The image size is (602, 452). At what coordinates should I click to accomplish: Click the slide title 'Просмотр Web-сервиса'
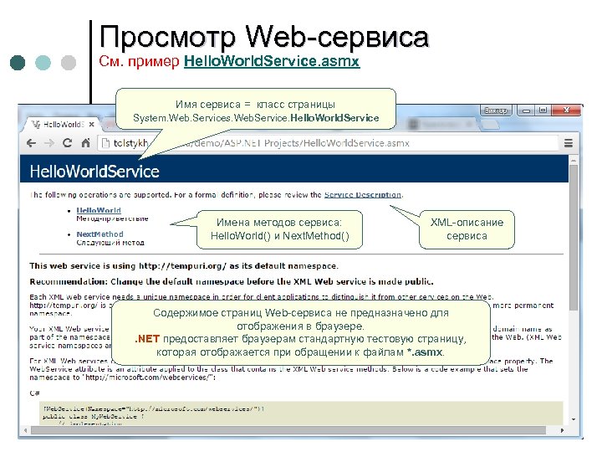coord(263,37)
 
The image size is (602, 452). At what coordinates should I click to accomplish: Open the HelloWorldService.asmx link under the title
coord(272,63)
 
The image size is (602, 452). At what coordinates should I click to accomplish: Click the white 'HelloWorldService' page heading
coord(94,172)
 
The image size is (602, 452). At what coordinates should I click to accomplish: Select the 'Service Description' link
coord(363,194)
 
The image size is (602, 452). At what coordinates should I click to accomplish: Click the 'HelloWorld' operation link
coord(99,210)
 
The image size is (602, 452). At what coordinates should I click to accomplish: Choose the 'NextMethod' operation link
coord(99,234)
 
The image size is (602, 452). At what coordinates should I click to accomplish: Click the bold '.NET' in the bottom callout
coord(148,339)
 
